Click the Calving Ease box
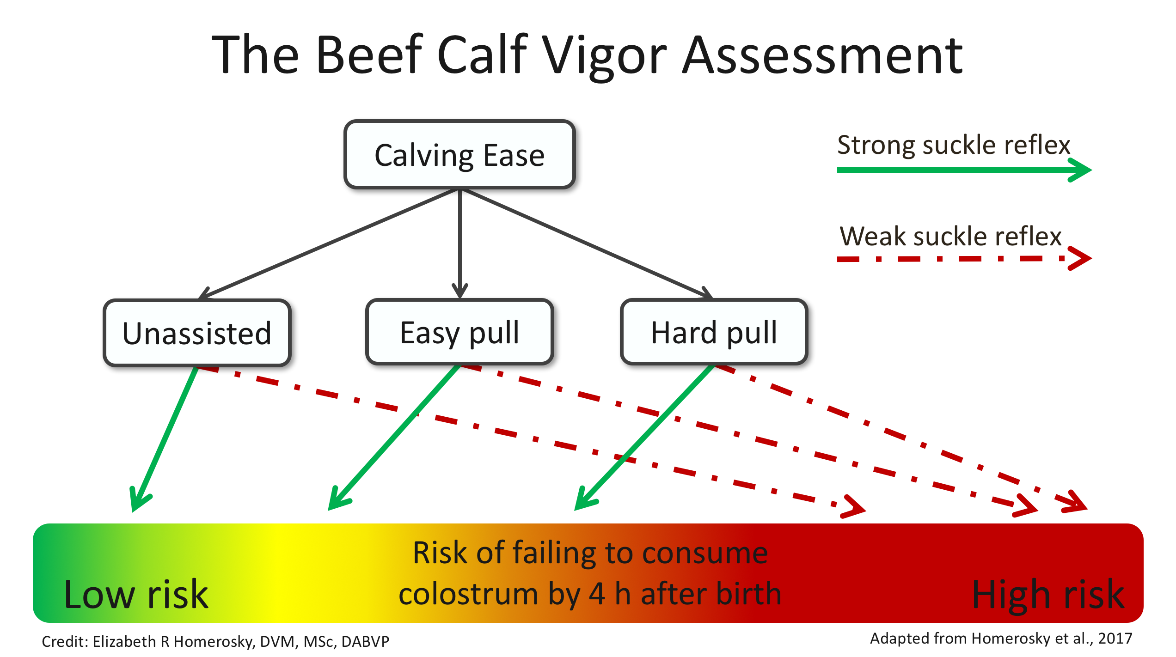459,155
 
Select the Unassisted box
197,333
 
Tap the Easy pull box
459,332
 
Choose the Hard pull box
714,332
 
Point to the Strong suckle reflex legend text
953,145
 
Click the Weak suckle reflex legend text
950,236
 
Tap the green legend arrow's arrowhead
1082,170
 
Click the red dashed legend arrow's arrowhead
1082,259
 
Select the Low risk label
136,594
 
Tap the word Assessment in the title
823,55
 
